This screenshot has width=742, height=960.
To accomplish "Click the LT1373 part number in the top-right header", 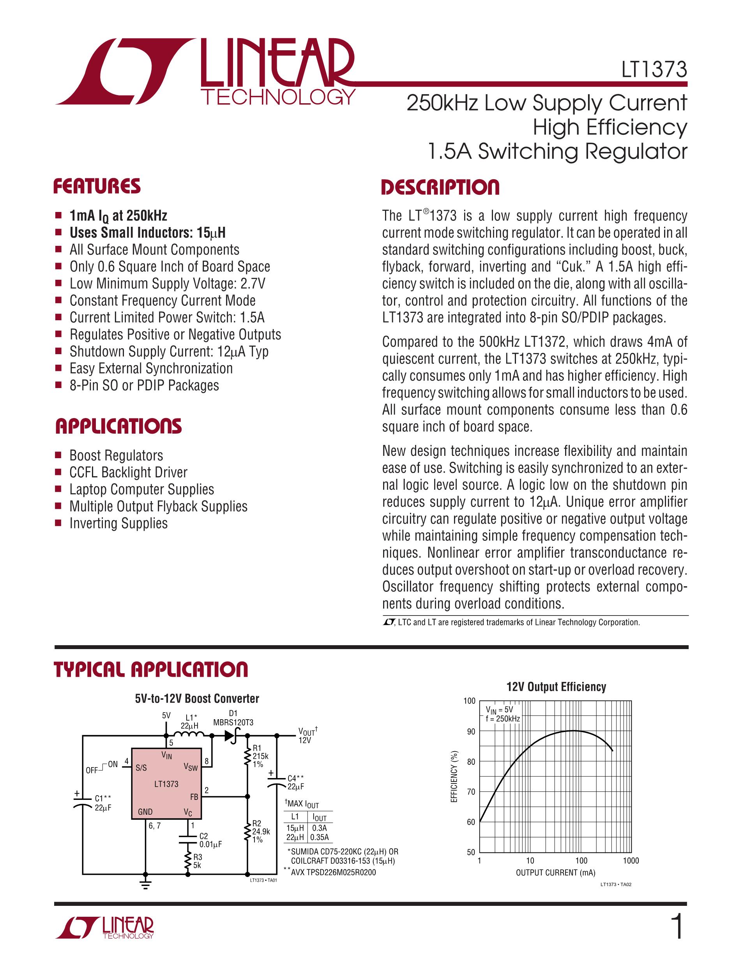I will pyautogui.click(x=654, y=69).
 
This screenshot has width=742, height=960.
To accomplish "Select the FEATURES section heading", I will pyautogui.click(x=97, y=186).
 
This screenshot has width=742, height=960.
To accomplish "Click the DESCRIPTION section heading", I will pyautogui.click(x=440, y=187).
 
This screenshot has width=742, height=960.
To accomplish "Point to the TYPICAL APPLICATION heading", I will pyautogui.click(x=151, y=669).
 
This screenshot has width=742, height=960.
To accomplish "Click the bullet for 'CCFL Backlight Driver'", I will pyautogui.click(x=58, y=473).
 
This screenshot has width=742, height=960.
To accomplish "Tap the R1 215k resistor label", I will pyautogui.click(x=260, y=756).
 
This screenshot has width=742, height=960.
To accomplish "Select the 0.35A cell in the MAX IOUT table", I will pyautogui.click(x=320, y=837).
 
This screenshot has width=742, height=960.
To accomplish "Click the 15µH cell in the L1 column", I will pyautogui.click(x=295, y=828).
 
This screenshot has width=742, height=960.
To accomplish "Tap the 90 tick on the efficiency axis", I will pyautogui.click(x=471, y=732).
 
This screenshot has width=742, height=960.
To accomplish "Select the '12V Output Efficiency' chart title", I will pyautogui.click(x=556, y=686).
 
